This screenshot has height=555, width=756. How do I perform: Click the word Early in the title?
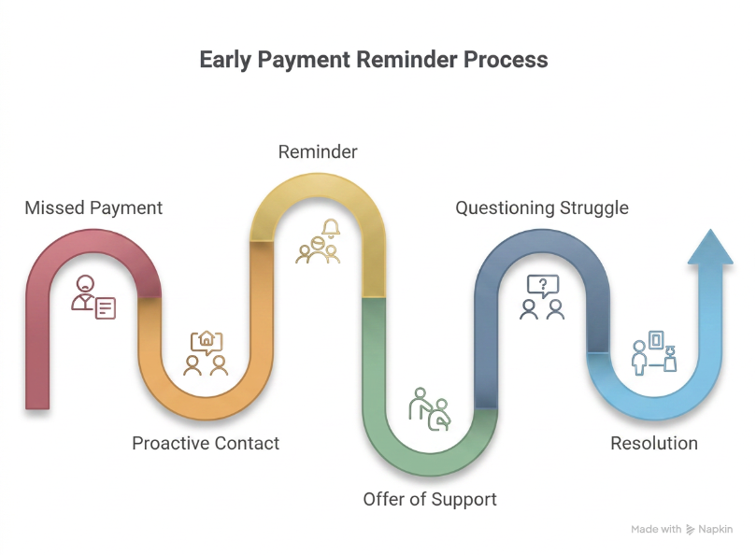(225, 61)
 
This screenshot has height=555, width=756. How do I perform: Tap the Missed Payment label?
(93, 208)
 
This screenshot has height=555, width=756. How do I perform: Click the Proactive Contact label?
(206, 443)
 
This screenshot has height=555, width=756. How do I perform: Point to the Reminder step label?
(318, 152)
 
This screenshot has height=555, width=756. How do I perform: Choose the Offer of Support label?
(430, 500)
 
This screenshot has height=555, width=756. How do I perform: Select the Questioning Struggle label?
(542, 208)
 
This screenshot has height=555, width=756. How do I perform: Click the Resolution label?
(654, 443)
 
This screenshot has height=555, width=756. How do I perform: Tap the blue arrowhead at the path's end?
(710, 247)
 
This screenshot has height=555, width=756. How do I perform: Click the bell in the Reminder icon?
(331, 228)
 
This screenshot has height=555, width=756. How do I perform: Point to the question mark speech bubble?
(543, 286)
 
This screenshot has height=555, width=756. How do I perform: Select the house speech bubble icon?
(207, 342)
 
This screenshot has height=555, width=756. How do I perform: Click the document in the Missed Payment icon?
(106, 308)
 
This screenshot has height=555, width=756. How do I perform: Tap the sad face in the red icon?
(85, 283)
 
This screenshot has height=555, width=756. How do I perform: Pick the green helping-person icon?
(430, 409)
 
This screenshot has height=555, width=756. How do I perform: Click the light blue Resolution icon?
(654, 352)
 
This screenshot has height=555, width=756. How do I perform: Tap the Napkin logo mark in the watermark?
(691, 530)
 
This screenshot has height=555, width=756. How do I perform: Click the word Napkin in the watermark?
(716, 530)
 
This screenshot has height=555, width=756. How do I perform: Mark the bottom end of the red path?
(37, 408)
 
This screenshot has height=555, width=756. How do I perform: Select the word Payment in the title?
(304, 61)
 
